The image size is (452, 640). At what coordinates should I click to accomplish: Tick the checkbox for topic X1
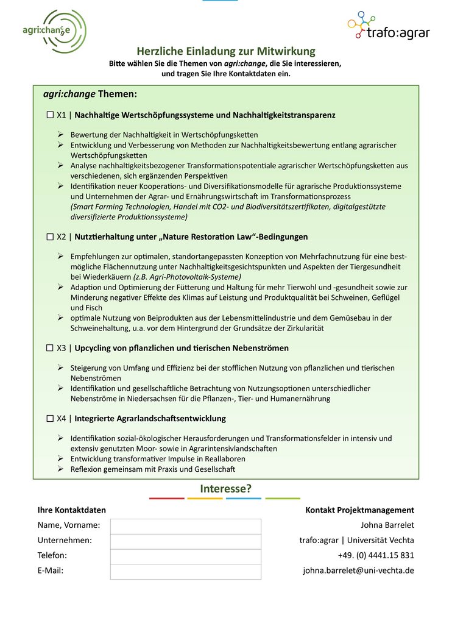point(50,115)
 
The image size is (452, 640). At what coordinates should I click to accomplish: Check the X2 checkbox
point(50,236)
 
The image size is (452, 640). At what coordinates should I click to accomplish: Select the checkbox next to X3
point(50,348)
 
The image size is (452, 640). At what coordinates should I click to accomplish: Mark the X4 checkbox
point(50,419)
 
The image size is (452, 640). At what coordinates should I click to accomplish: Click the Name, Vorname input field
point(185,526)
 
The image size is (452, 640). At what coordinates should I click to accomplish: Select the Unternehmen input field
point(185,541)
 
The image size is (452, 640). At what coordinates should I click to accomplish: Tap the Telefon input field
point(185,556)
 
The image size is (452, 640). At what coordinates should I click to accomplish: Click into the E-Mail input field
point(185,571)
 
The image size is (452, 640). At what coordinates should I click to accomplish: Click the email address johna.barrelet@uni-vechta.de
point(358,571)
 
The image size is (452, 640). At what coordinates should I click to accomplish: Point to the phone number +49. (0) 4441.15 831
point(376,555)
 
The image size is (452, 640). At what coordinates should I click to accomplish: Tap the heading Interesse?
point(225,489)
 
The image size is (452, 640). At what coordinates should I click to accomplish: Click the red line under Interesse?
point(166,499)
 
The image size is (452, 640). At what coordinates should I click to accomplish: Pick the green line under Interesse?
point(283,499)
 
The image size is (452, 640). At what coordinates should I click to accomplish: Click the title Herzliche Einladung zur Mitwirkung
point(226,51)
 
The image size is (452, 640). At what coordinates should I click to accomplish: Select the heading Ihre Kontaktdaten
point(72,510)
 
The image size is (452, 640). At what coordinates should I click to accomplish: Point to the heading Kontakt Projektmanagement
point(359,510)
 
